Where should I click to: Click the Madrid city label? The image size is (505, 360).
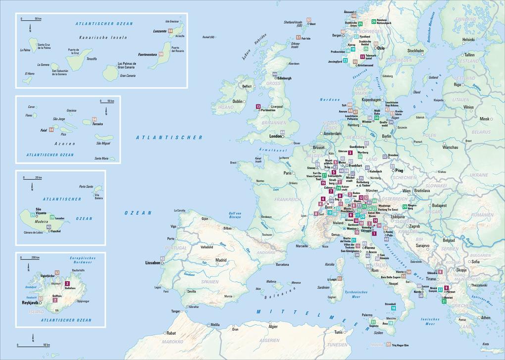221,260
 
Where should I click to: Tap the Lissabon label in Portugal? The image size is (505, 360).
152,262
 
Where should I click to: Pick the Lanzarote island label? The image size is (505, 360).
159,31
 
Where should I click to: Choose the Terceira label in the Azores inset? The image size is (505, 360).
98,124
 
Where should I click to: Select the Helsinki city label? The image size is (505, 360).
468,40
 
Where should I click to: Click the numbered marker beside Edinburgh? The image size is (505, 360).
274,74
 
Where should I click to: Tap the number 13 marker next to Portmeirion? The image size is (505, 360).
258,106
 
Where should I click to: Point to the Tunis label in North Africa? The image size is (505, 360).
339,332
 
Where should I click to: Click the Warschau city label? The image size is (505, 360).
451,147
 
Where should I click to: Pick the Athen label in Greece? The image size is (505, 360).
485,318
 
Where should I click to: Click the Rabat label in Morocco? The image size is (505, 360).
171,333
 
